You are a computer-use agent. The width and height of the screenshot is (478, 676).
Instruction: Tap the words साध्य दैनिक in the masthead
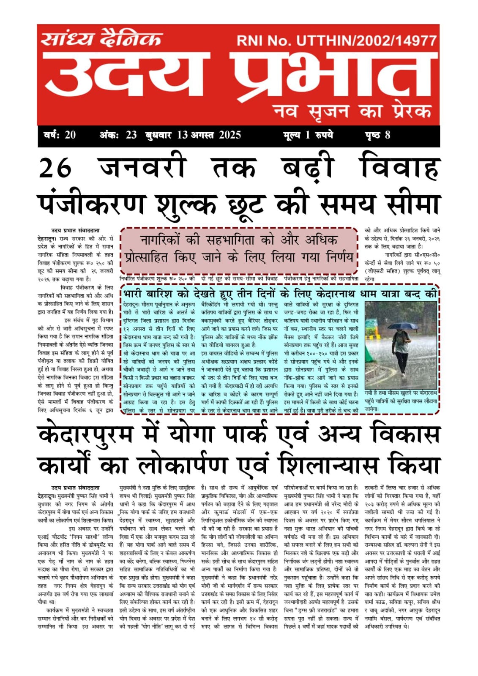point(101,39)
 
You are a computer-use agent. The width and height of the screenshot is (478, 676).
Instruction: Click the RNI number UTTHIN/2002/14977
point(366,41)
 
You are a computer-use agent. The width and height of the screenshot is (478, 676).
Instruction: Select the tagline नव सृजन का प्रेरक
point(352,111)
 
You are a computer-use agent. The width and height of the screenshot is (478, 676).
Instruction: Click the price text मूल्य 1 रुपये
point(308,135)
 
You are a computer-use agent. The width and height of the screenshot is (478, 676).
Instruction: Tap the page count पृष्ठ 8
point(377,135)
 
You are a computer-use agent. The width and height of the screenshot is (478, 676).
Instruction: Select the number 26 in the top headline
point(55,168)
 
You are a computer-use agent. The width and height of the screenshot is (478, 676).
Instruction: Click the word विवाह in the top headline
point(399,168)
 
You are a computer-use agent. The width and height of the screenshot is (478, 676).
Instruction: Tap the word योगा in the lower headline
point(199,435)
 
